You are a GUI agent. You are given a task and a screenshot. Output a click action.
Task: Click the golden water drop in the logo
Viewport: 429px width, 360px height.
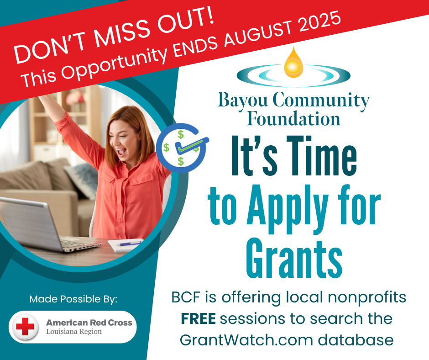pyautogui.click(x=293, y=63)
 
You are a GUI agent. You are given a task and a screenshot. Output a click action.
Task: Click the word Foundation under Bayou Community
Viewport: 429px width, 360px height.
pyautogui.click(x=293, y=119)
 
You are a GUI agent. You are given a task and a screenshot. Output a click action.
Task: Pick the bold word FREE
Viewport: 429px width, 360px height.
pyautogui.click(x=198, y=318)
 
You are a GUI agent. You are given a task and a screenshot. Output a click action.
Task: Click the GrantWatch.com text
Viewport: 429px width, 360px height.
pyautogui.click(x=246, y=340)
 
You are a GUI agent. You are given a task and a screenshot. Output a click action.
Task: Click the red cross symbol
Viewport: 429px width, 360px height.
pyautogui.click(x=25, y=327)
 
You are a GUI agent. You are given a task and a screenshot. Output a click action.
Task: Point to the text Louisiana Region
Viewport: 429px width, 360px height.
pyautogui.click(x=74, y=332)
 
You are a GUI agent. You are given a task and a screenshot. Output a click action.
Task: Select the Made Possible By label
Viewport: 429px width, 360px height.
pyautogui.click(x=73, y=299)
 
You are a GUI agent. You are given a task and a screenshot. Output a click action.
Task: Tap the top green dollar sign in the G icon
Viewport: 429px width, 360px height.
pyautogui.click(x=181, y=134)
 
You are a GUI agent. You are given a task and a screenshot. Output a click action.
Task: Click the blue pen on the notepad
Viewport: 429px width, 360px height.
pyautogui.click(x=128, y=244)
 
